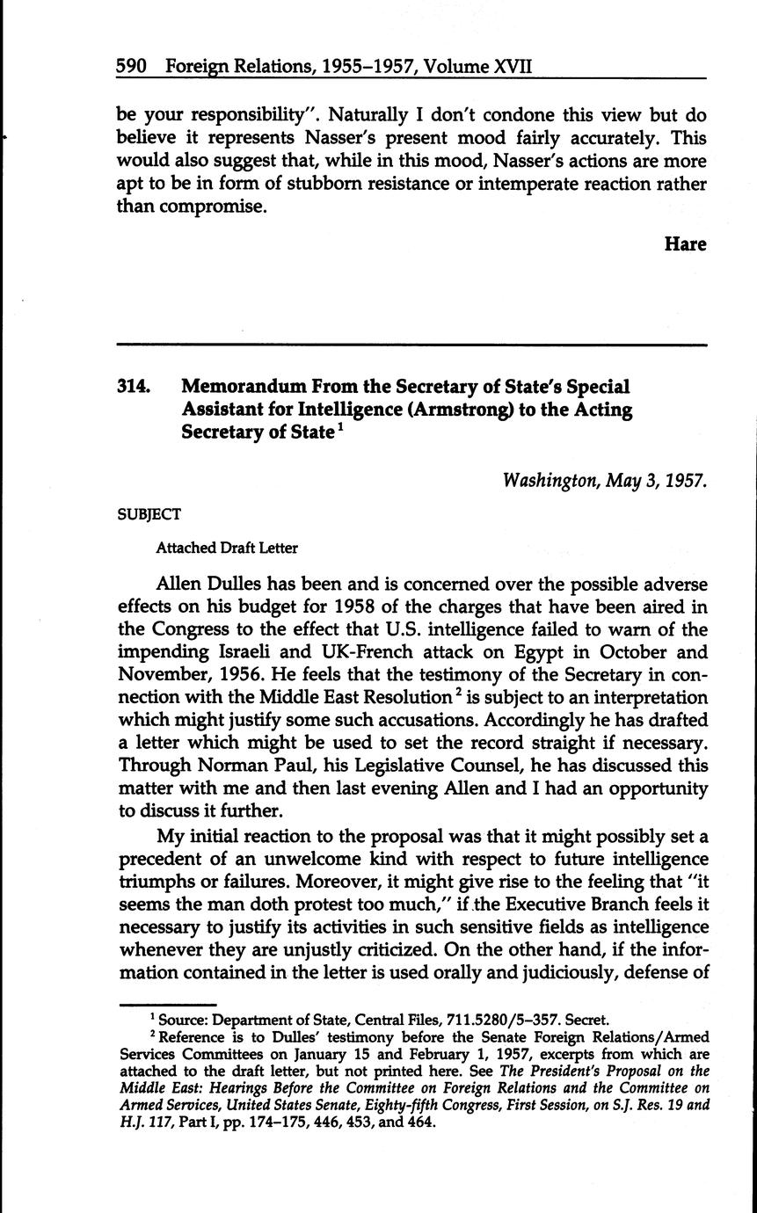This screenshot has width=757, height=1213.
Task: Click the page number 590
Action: tap(131, 67)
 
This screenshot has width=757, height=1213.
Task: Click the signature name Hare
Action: tap(685, 244)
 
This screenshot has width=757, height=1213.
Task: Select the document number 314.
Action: tap(134, 388)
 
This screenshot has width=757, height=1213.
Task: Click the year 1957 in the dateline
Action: tap(686, 481)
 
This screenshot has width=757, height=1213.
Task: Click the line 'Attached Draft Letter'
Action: tap(227, 548)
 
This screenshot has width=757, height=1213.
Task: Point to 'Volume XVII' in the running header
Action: tap(478, 67)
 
